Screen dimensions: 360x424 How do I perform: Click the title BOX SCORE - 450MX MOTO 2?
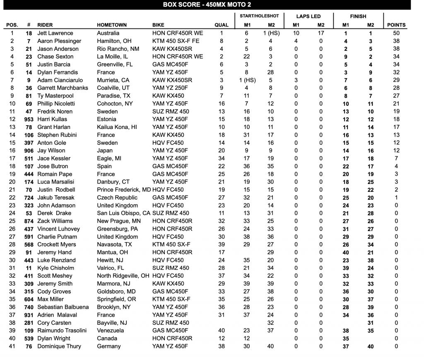pos(207,5)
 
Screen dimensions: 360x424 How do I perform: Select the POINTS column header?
pos(396,25)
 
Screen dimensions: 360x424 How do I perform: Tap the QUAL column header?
pos(222,25)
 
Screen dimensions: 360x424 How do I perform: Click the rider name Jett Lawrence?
pos(55,33)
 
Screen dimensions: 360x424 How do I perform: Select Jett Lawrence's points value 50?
pos(396,33)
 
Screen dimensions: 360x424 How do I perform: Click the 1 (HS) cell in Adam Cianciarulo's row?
pos(246,80)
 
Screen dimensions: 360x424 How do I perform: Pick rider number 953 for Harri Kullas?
pos(28,119)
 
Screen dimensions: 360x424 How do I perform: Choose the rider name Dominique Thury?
pos(59,346)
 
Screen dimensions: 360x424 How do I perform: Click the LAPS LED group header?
pos(308,16)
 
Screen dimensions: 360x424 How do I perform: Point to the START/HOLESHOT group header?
pos(259,16)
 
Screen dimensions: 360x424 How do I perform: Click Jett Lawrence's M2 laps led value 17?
pos(321,33)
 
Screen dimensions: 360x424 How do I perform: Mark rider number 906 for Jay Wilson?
pos(28,151)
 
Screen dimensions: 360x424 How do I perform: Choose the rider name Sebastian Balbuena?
pos(63,307)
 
